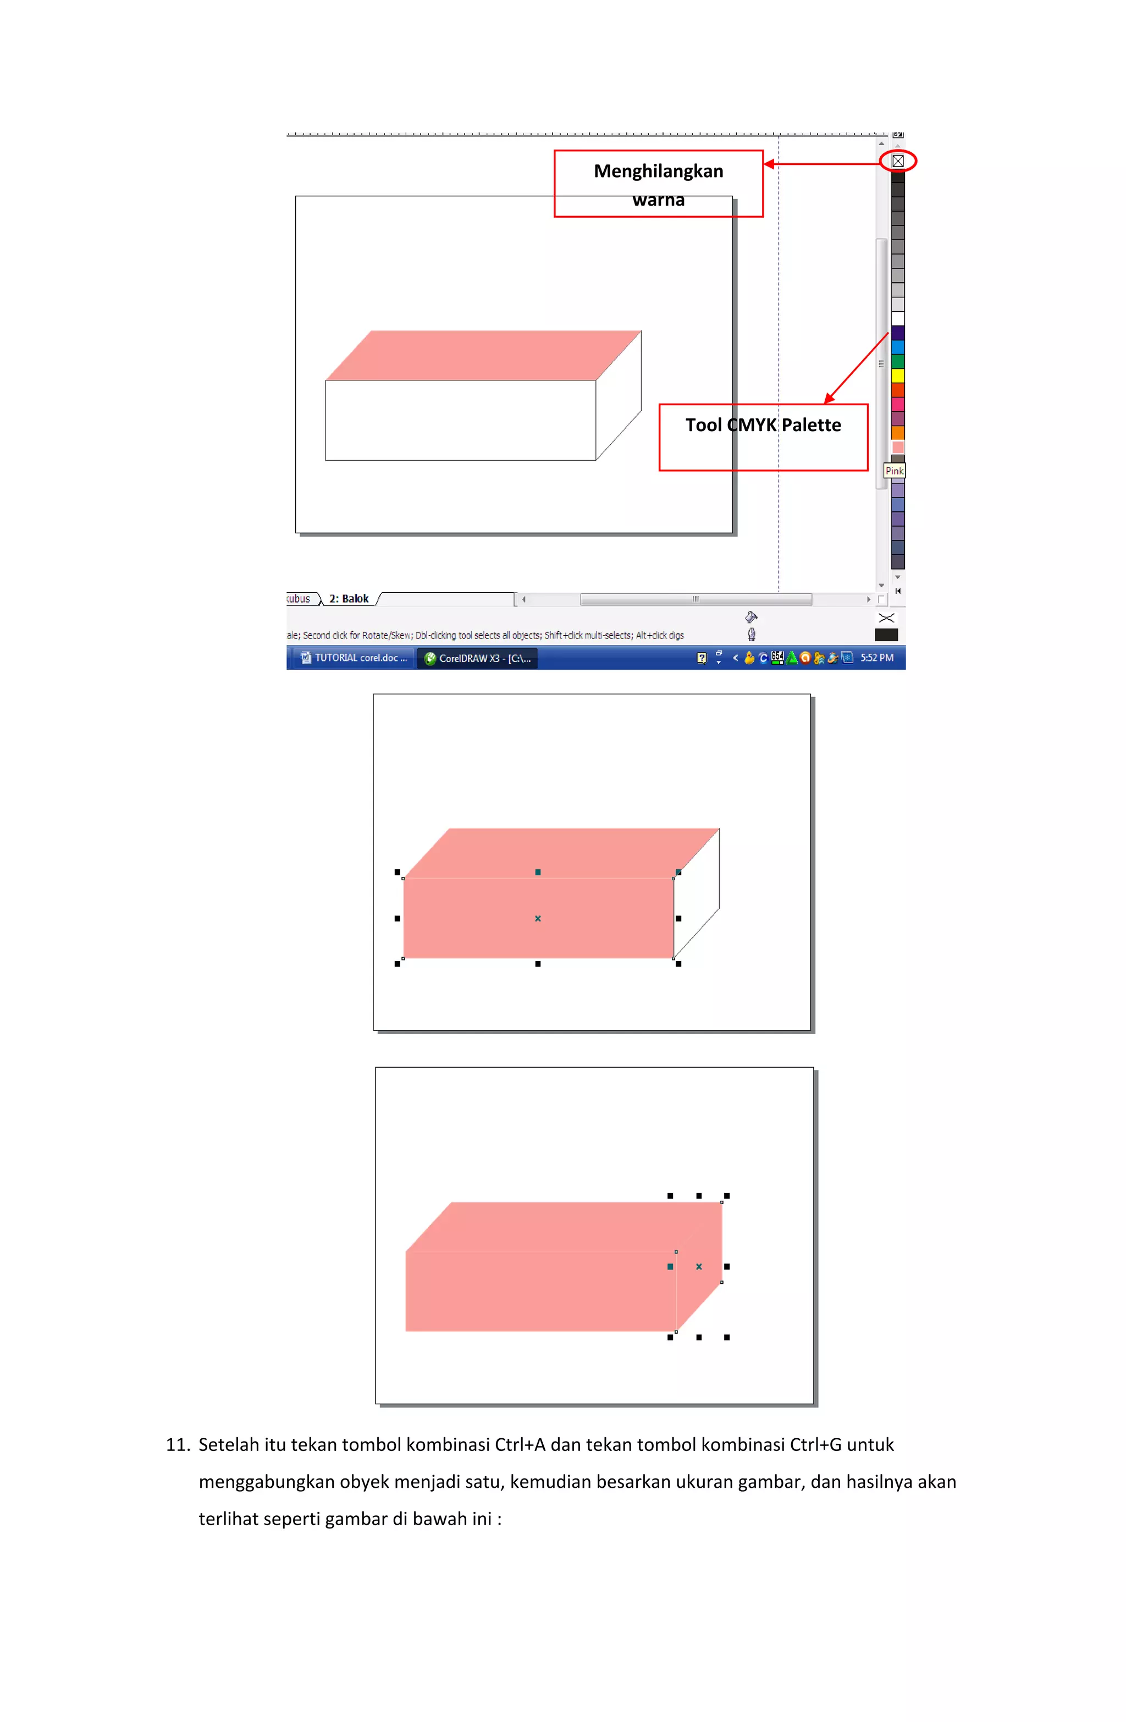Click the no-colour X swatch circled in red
click(897, 161)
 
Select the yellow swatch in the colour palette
click(897, 376)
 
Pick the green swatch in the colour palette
click(897, 361)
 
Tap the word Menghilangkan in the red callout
click(658, 172)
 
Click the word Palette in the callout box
click(810, 426)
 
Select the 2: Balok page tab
click(349, 598)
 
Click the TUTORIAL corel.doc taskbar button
click(355, 658)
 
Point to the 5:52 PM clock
click(876, 658)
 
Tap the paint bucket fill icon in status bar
click(751, 617)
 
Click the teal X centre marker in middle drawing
click(538, 918)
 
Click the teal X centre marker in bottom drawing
click(698, 1266)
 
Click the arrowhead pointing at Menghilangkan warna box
click(769, 164)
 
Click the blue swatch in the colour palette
click(897, 346)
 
